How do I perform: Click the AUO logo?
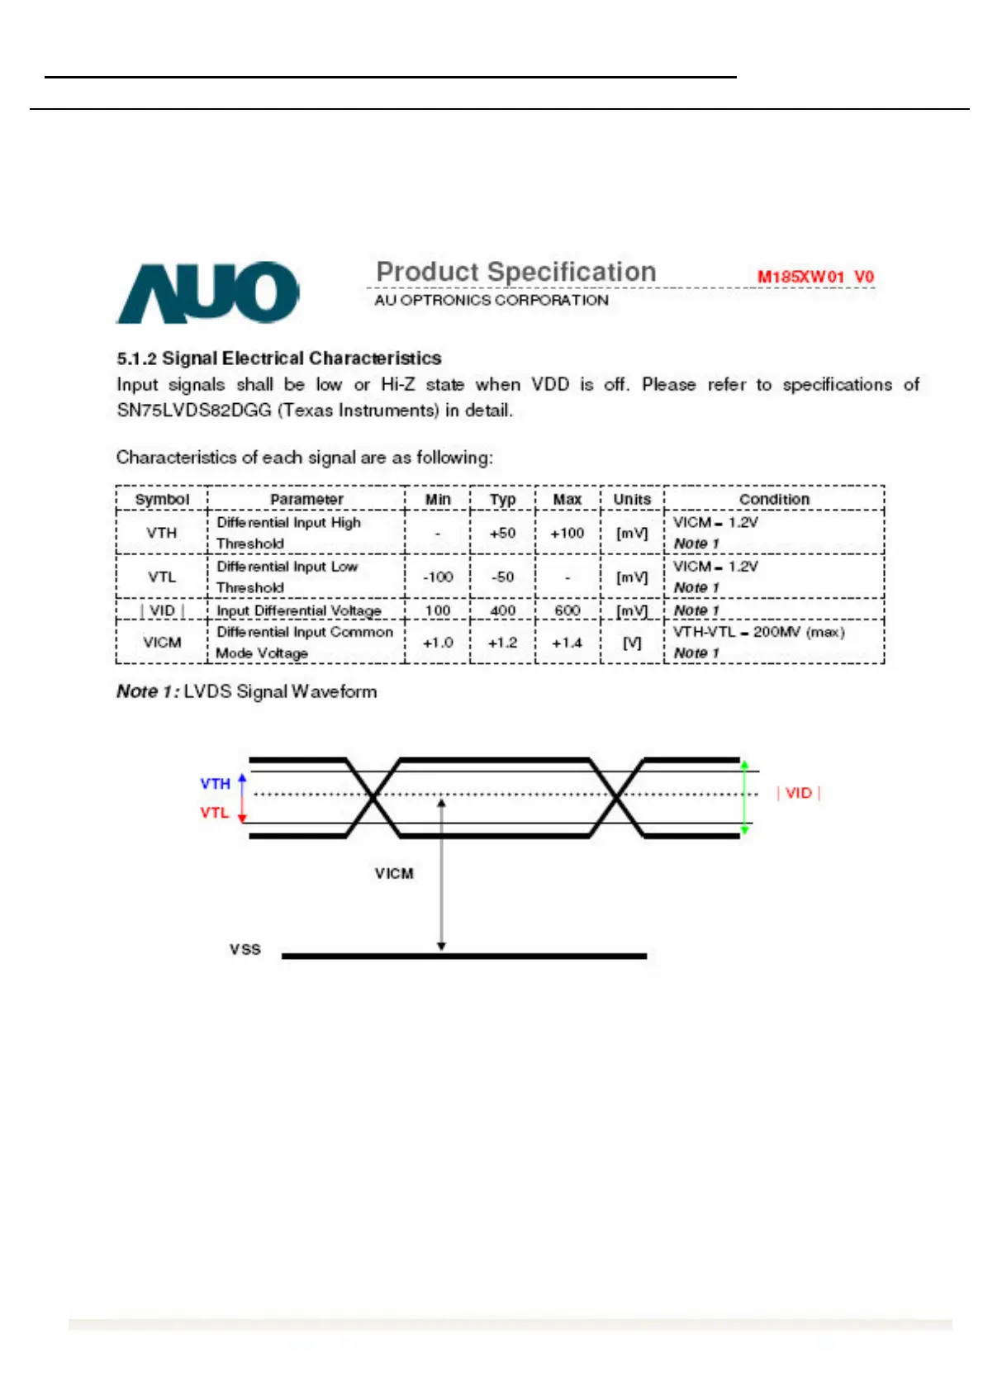pyautogui.click(x=207, y=292)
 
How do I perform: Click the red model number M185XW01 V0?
pyautogui.click(x=815, y=277)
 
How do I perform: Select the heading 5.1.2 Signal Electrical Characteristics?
pyautogui.click(x=278, y=358)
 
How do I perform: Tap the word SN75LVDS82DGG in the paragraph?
pyautogui.click(x=194, y=411)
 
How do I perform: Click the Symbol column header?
pyautogui.click(x=162, y=499)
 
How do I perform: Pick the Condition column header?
pyautogui.click(x=774, y=499)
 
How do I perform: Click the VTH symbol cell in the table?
pyautogui.click(x=162, y=533)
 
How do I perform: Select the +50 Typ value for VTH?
pyautogui.click(x=502, y=533)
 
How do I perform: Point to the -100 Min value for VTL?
pyautogui.click(x=438, y=577)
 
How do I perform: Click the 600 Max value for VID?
pyautogui.click(x=567, y=610)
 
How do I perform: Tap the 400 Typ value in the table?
pyautogui.click(x=502, y=610)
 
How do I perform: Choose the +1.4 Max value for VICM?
pyautogui.click(x=567, y=643)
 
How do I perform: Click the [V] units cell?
pyautogui.click(x=632, y=643)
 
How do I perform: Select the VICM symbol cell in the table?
pyautogui.click(x=162, y=643)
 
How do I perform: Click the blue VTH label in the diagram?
pyautogui.click(x=215, y=783)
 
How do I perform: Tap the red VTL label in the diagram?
pyautogui.click(x=214, y=813)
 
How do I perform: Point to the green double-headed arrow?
pyautogui.click(x=744, y=797)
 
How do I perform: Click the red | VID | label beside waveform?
pyautogui.click(x=798, y=793)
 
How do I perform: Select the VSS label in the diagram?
pyautogui.click(x=245, y=950)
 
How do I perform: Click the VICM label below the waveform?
pyautogui.click(x=394, y=873)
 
